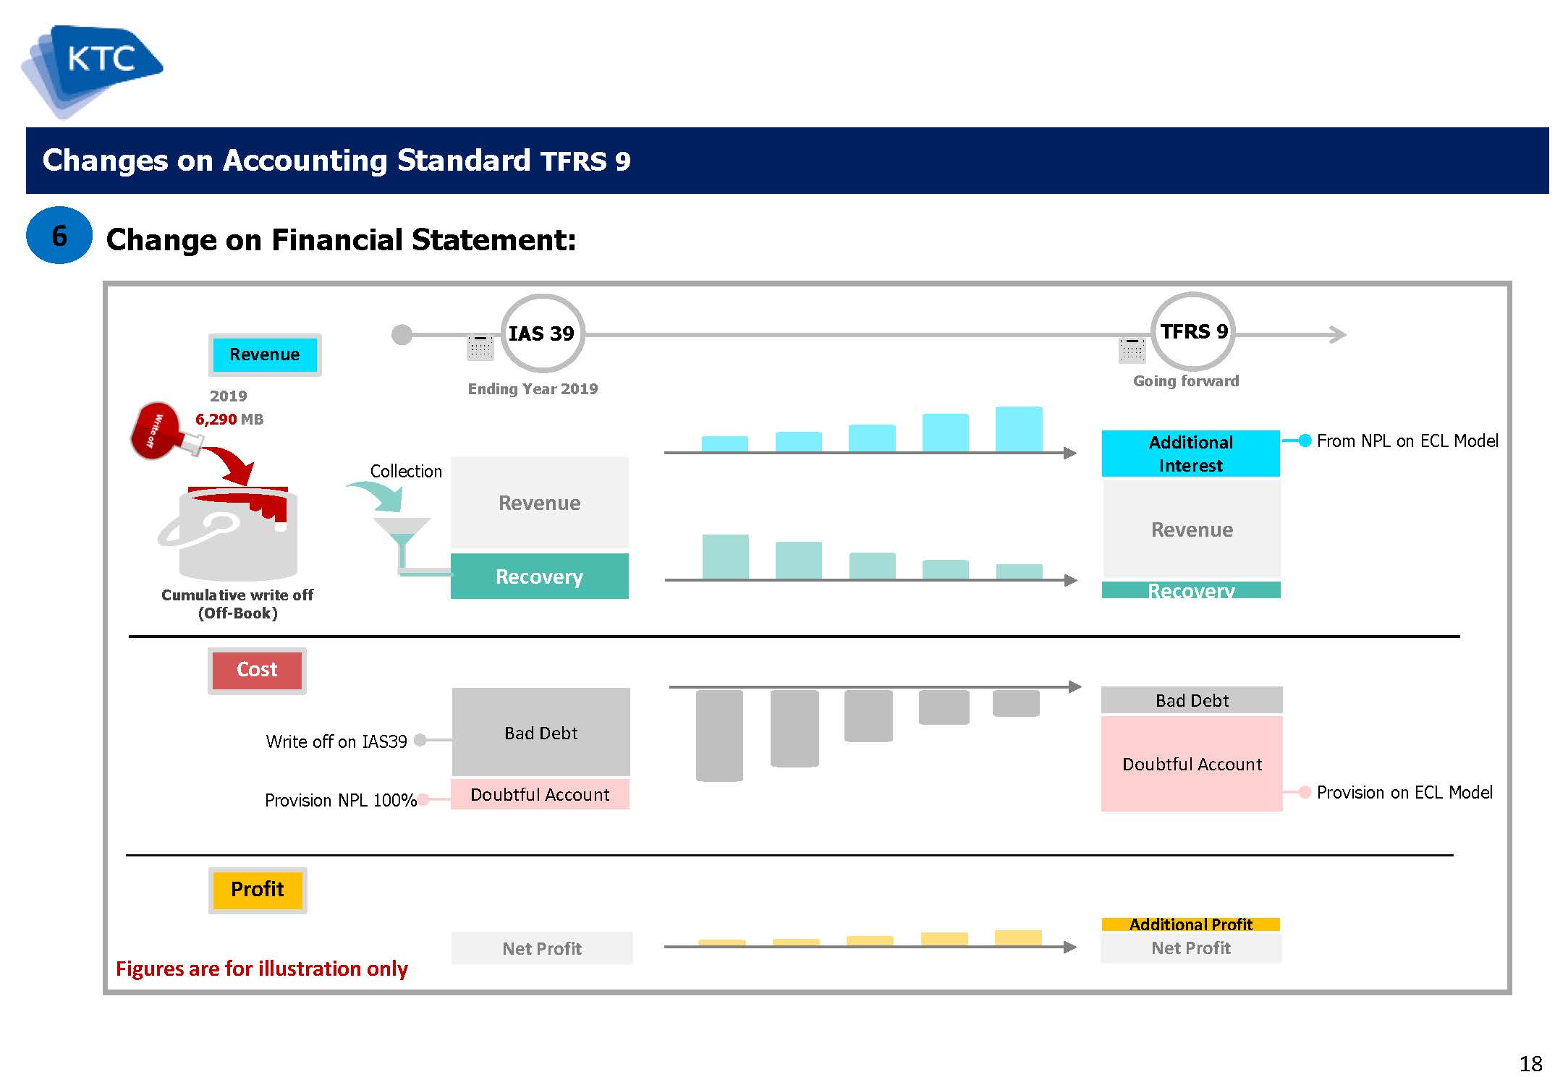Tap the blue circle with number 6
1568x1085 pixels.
(x=59, y=236)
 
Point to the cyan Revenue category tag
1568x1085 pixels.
(x=265, y=354)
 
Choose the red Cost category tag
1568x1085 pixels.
(x=257, y=671)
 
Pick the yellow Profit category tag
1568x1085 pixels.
(x=258, y=890)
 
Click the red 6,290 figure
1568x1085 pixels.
(x=216, y=420)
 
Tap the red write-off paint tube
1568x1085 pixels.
(x=163, y=432)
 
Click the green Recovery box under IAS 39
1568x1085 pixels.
(x=540, y=576)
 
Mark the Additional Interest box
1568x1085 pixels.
(x=1191, y=454)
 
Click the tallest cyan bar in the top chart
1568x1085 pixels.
(x=1019, y=430)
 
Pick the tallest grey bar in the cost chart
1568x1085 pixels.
(x=719, y=736)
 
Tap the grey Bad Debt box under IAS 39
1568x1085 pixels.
(x=541, y=732)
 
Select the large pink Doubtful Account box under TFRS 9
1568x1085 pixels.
(x=1192, y=764)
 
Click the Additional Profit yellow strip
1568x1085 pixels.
(x=1191, y=924)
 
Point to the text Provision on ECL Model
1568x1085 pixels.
(x=1404, y=793)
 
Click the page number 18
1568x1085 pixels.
(x=1531, y=1064)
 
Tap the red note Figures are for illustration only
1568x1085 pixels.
(x=262, y=969)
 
